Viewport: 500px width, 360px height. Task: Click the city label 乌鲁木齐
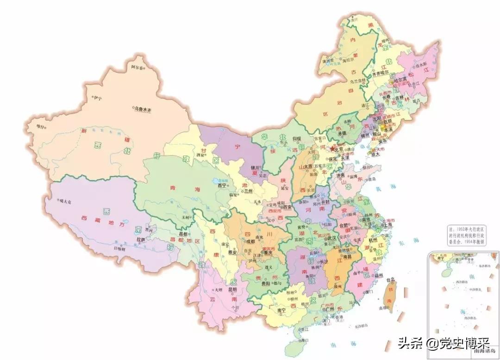(x=143, y=109)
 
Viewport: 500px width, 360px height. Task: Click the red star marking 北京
(x=331, y=149)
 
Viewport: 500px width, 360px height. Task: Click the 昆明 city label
(x=233, y=289)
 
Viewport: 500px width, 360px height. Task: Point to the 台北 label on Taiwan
(x=390, y=279)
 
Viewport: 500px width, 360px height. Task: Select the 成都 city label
(x=250, y=241)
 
